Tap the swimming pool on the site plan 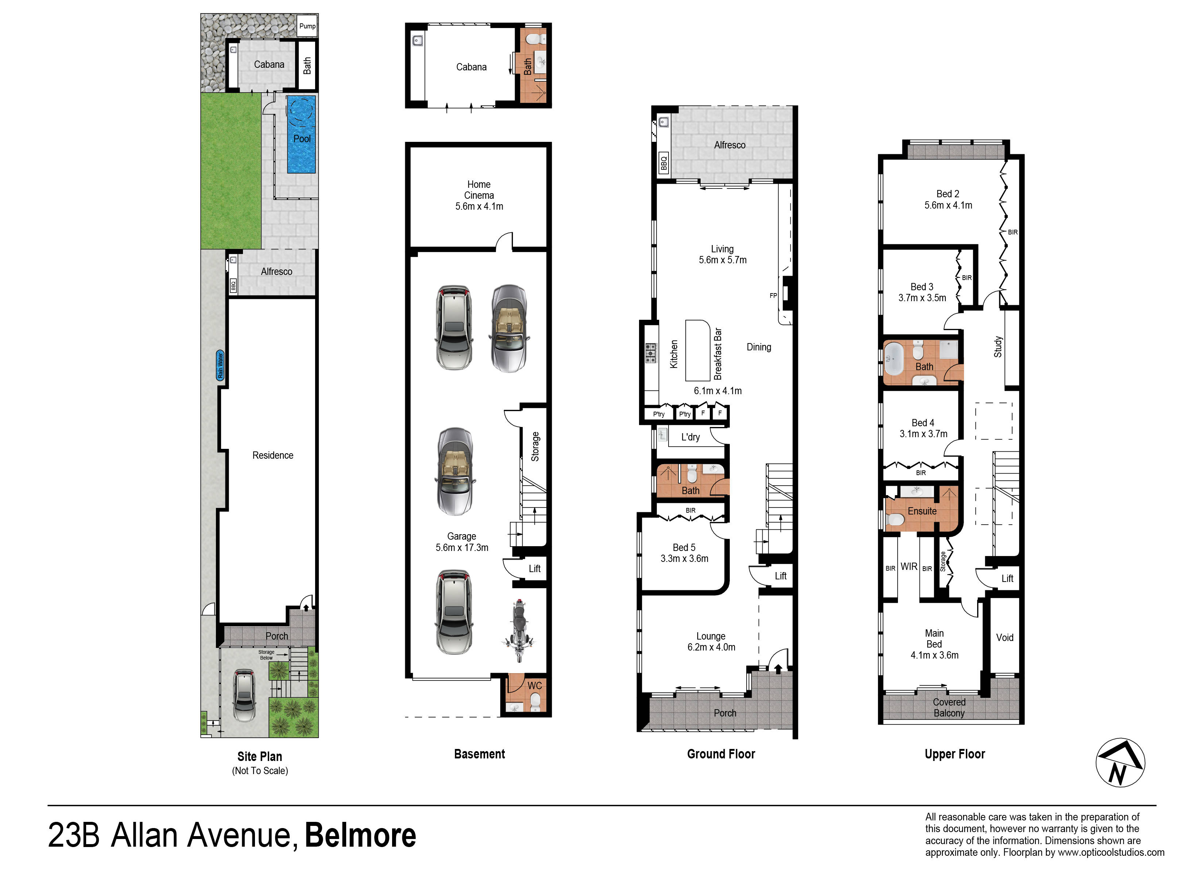[302, 134]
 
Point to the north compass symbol [1120, 763]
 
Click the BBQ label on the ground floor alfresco [663, 162]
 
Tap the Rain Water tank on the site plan [220, 365]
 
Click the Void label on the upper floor [1004, 637]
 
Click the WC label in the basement [535, 686]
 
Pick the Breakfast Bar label [718, 354]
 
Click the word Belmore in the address [360, 835]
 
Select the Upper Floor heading [955, 754]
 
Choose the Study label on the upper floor [998, 347]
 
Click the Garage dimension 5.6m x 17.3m [462, 548]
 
